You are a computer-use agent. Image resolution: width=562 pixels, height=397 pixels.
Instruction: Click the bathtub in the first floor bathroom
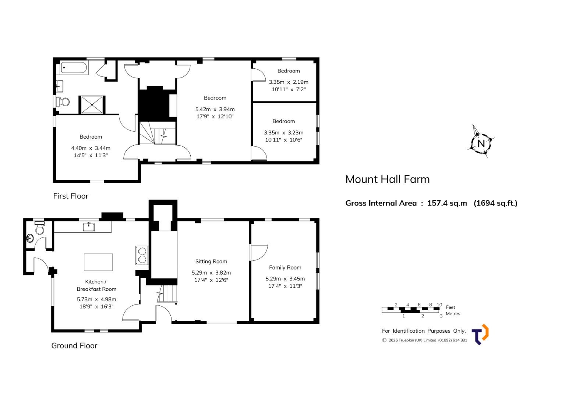tap(74, 68)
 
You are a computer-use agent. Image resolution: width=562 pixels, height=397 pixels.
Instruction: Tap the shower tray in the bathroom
tap(92, 104)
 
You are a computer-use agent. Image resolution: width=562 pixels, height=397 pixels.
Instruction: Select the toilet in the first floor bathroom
tap(63, 102)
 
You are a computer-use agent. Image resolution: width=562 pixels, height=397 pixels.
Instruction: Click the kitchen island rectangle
tap(98, 262)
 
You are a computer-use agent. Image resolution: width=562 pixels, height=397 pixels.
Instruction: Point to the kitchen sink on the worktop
tap(89, 227)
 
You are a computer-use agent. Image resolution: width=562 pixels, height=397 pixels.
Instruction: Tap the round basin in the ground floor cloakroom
tap(30, 238)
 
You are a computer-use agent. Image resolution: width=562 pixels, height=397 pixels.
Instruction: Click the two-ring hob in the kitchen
tap(142, 255)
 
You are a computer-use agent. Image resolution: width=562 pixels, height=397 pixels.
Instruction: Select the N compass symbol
tap(481, 142)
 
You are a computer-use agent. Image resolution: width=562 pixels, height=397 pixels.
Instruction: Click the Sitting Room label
tap(211, 261)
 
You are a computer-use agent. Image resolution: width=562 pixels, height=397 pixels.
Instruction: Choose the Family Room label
tap(285, 268)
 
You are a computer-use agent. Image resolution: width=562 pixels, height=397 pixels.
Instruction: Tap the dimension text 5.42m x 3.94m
tap(215, 109)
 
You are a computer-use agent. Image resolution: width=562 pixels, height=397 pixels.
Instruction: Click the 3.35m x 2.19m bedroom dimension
tap(289, 82)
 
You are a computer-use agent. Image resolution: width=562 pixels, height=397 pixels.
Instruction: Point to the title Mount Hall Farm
tap(388, 179)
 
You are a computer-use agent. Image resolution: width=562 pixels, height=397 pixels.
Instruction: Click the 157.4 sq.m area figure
tap(447, 203)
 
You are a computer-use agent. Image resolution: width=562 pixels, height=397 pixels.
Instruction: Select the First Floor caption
tap(71, 196)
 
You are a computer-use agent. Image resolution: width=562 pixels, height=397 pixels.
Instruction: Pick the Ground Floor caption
tap(74, 346)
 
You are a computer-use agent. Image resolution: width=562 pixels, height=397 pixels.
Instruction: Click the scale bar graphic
tap(411, 310)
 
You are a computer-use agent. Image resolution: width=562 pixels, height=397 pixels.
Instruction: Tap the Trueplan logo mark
tap(480, 335)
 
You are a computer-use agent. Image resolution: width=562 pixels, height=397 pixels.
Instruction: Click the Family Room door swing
tap(259, 252)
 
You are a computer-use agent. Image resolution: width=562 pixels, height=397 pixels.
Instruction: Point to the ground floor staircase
tap(167, 293)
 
